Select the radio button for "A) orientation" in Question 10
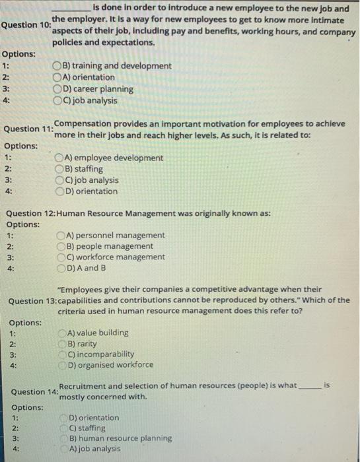point(57,77)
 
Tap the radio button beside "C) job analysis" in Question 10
point(57,100)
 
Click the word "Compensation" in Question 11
point(83,123)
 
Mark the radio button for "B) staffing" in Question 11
point(60,169)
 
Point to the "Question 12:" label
point(31,213)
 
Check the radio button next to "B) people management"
point(61,246)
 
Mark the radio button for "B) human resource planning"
point(64,438)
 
